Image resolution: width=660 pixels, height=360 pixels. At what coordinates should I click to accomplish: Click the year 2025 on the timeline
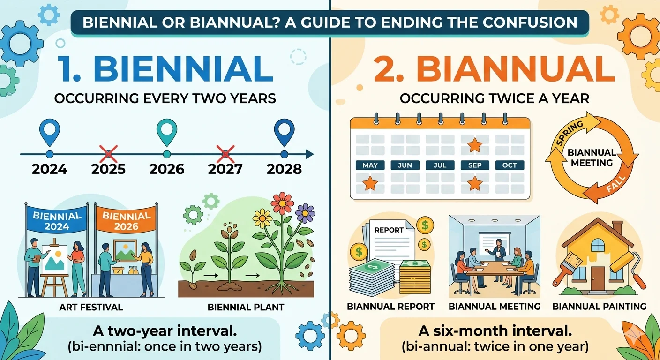point(108,169)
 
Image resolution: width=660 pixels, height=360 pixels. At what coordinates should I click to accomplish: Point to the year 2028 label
point(284,169)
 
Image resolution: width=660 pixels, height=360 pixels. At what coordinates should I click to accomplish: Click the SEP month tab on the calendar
point(475,165)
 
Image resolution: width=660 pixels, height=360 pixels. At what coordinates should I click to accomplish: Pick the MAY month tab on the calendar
point(370,165)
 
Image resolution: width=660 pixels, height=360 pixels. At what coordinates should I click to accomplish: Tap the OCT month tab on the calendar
point(510,165)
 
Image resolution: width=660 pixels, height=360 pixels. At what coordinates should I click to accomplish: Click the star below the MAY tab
point(370,182)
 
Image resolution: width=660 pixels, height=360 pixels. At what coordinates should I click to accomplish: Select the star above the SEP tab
point(475,145)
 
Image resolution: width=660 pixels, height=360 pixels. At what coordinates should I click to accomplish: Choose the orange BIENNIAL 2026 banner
point(126,221)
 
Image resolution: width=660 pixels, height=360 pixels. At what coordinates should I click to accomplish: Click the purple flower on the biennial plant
point(305,213)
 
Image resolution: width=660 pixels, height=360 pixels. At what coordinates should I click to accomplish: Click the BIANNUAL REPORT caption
point(390,307)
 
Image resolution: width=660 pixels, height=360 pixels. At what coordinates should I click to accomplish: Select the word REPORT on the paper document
point(389,230)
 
